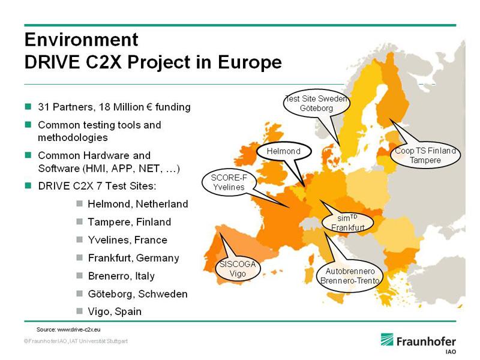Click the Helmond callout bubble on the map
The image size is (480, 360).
coord(284,151)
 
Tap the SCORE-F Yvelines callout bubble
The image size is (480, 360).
coord(229,182)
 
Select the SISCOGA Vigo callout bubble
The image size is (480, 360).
coord(238,269)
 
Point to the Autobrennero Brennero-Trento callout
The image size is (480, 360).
coord(350,276)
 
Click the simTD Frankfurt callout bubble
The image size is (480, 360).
coord(348,223)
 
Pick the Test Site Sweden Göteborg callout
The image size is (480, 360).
coord(317,103)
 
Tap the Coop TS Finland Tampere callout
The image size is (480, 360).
coord(425,155)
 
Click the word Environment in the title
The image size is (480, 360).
coord(82,40)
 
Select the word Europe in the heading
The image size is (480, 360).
coord(250,62)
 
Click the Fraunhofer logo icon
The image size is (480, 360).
coord(387,340)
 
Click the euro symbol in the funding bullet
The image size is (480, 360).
coord(149,107)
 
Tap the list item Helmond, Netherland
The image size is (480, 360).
coord(138,204)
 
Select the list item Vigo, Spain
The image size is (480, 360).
coord(115,311)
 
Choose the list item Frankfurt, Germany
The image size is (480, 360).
coord(133,258)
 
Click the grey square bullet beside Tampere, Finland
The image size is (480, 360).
coord(80,221)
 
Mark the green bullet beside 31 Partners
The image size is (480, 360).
coord(28,107)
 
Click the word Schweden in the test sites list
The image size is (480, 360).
coord(163,294)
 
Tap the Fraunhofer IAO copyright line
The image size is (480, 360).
coord(76,341)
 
